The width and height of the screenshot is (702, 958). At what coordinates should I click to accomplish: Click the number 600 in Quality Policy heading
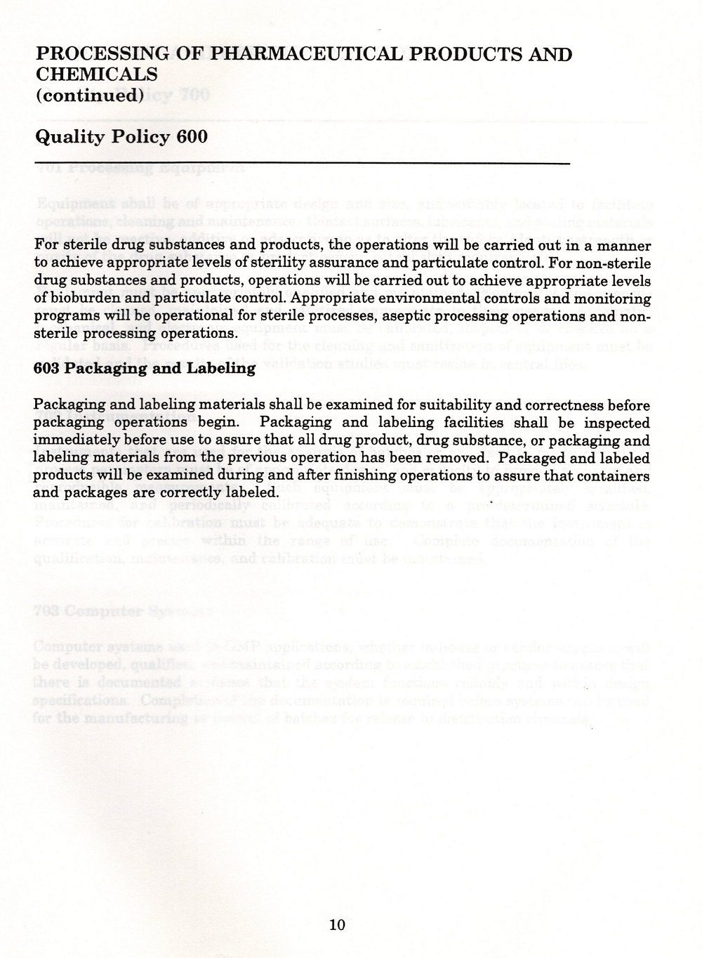[x=192, y=136]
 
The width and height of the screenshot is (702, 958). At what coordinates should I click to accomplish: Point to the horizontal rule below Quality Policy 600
[x=302, y=164]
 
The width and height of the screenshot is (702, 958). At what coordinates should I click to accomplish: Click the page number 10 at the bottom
[x=337, y=925]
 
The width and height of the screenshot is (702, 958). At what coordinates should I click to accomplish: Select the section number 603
[x=49, y=367]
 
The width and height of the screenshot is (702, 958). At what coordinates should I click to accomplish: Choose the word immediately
[x=79, y=440]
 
